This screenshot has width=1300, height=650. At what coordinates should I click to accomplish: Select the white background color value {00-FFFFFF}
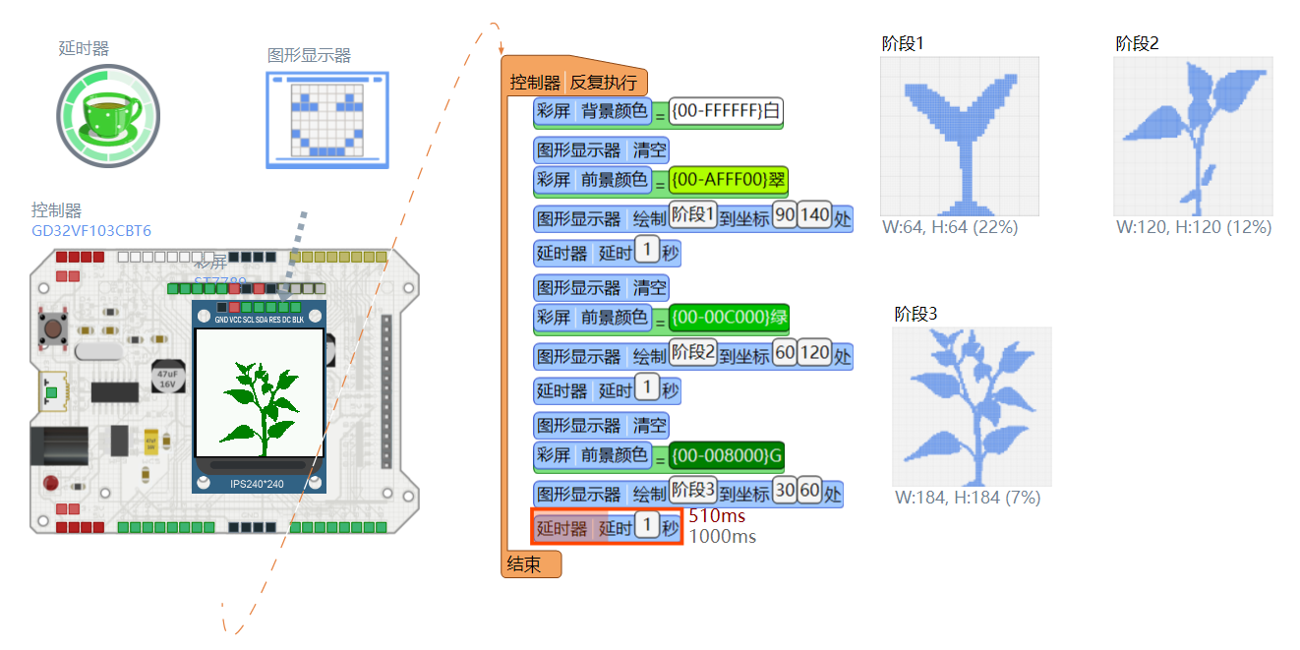click(726, 111)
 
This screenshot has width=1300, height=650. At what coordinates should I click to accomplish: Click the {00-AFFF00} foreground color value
click(728, 180)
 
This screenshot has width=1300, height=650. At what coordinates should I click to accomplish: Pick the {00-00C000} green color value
click(728, 318)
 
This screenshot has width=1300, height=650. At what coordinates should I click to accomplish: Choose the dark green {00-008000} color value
click(726, 455)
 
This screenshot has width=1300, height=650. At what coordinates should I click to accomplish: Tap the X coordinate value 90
click(785, 215)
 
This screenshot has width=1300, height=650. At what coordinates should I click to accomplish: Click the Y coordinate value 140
click(814, 215)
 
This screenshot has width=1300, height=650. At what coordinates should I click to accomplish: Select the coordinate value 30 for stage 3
click(785, 491)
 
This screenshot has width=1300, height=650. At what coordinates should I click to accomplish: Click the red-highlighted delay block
click(606, 528)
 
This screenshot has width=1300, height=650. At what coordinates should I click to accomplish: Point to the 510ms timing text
click(716, 516)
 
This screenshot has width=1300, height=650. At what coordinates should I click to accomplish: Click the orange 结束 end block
click(531, 564)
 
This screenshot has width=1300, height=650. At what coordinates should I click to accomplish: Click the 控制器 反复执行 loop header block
click(573, 83)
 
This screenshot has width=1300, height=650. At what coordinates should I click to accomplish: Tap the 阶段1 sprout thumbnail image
click(959, 136)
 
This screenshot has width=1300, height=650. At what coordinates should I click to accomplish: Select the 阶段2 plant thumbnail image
click(1193, 136)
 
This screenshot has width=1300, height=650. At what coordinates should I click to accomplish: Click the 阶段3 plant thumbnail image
click(972, 406)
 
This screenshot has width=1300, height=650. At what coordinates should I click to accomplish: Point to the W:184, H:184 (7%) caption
click(968, 498)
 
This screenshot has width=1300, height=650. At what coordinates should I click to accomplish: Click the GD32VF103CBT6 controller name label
click(91, 231)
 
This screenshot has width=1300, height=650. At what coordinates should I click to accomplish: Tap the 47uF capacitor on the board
click(165, 379)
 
